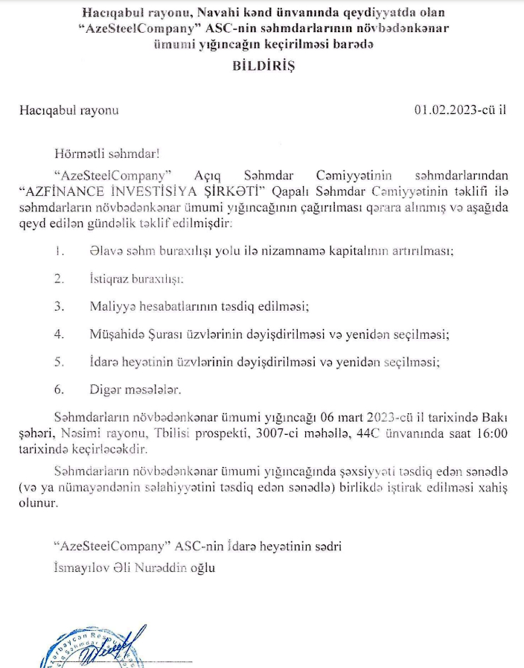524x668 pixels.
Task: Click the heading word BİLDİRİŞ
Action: pos(262,66)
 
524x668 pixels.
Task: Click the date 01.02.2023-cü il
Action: pos(460,110)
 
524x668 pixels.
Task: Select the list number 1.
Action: pos(59,251)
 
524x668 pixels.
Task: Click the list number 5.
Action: pos(59,362)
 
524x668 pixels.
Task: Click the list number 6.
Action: pos(59,389)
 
